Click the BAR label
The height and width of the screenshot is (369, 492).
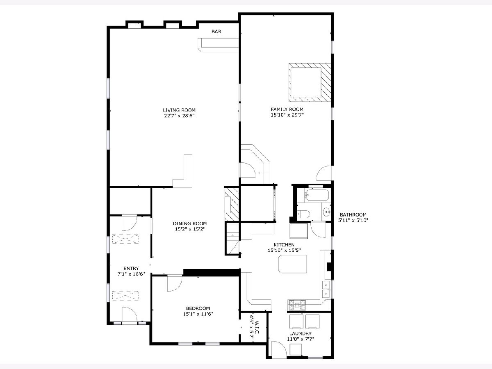click(x=216, y=32)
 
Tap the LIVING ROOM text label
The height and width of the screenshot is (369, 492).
click(x=179, y=110)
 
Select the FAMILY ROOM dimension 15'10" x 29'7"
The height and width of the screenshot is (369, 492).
click(x=287, y=115)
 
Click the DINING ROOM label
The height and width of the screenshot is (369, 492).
click(x=190, y=223)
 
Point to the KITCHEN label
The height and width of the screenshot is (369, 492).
click(x=284, y=245)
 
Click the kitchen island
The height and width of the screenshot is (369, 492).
click(x=293, y=264)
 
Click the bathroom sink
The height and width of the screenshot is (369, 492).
click(x=327, y=211)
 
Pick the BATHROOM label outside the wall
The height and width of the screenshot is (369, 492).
click(x=353, y=214)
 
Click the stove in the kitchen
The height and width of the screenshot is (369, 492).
click(x=297, y=305)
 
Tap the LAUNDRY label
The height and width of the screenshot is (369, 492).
click(x=301, y=333)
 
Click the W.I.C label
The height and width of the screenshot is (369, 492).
click(x=257, y=328)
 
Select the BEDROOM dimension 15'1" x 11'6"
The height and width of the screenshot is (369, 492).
click(x=198, y=314)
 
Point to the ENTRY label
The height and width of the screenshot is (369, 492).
click(x=131, y=269)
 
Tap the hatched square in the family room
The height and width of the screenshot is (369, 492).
click(x=310, y=83)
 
